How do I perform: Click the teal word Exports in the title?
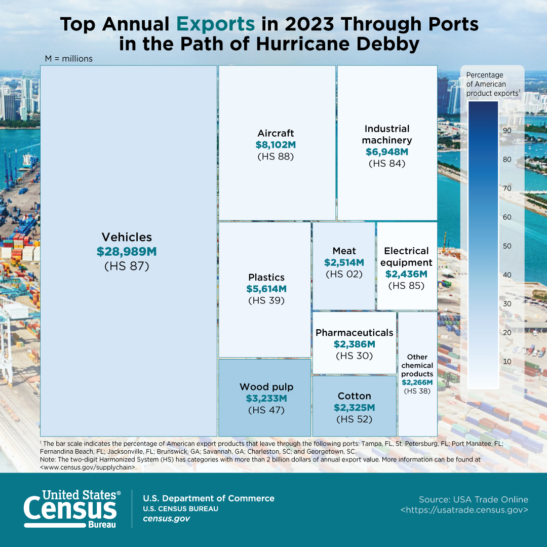coord(216,24)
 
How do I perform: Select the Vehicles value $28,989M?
coord(127,252)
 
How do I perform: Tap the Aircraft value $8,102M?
coord(276,145)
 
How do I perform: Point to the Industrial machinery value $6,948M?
coord(387,152)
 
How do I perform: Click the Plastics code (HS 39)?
coord(266,300)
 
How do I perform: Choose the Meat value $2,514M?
coord(344,263)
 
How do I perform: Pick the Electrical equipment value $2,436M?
coord(406,274)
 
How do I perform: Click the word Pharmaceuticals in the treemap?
coord(355,332)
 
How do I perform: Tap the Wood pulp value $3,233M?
coord(266,399)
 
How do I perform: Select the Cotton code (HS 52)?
coord(355,419)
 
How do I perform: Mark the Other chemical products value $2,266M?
coord(417,382)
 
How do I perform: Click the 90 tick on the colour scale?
coord(507,131)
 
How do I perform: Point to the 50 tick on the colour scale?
coord(507,246)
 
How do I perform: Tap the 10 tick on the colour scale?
coord(507,362)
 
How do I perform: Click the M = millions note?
coord(69,59)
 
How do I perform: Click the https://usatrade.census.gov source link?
coord(464,510)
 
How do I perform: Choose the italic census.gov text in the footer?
coord(167,519)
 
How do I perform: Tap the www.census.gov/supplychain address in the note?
coord(88,467)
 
